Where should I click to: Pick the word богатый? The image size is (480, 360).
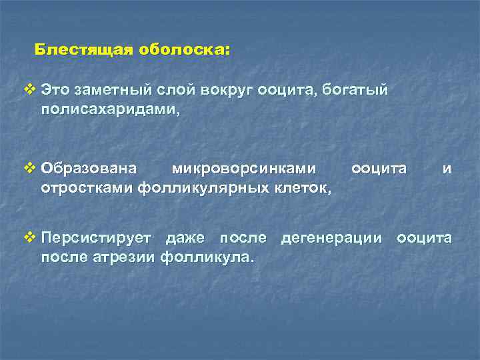click(356, 89)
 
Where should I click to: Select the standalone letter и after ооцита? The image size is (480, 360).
click(447, 169)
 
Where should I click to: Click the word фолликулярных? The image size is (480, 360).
click(203, 189)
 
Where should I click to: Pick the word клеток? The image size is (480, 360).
click(301, 189)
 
